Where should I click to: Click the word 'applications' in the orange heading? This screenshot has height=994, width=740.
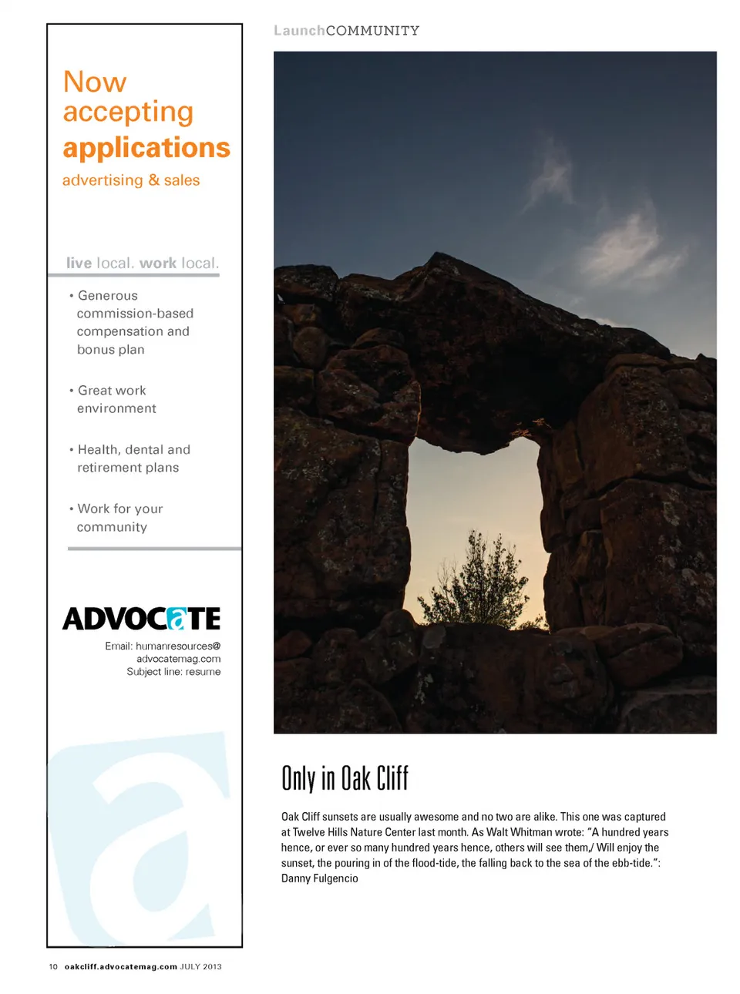click(x=146, y=148)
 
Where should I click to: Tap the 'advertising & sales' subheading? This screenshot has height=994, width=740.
click(x=131, y=180)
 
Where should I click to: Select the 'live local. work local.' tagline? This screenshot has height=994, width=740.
click(x=143, y=263)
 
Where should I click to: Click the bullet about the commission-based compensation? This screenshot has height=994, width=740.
click(x=133, y=322)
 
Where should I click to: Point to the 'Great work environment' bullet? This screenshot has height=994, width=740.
click(x=116, y=399)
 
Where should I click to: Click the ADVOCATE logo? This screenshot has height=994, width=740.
click(x=142, y=619)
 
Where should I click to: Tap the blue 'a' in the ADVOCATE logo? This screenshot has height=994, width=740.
click(x=177, y=619)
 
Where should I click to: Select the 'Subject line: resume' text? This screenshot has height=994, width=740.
click(x=173, y=672)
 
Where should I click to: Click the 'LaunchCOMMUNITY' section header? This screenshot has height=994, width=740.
click(x=346, y=31)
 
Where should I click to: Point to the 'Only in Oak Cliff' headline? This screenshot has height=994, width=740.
click(x=345, y=778)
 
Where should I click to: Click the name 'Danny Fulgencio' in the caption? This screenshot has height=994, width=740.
click(x=320, y=878)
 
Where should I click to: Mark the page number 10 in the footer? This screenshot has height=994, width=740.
click(x=53, y=966)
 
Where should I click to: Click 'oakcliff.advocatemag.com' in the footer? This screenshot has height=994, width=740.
click(x=121, y=966)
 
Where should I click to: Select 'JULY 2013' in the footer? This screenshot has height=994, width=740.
click(x=200, y=966)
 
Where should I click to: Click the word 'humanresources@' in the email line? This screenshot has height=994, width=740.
click(x=178, y=646)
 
